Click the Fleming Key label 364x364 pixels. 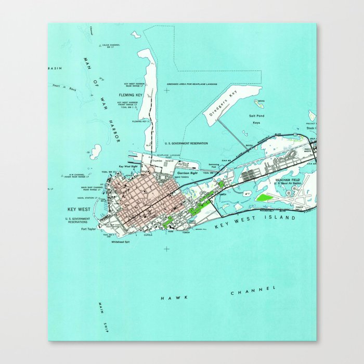tap(130, 95)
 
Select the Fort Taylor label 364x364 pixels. tap(88, 228)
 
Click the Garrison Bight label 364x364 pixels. tap(187, 172)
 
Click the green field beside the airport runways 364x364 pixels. tap(268, 198)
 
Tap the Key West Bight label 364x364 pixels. tap(128, 166)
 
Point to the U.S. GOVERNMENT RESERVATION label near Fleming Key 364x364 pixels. tap(186, 143)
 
